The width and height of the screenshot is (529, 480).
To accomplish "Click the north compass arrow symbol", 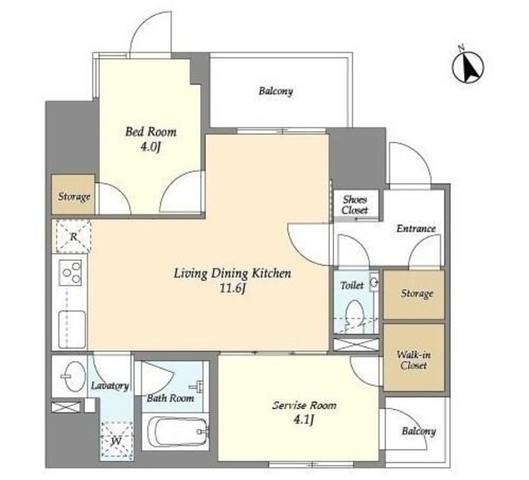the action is click(468, 66).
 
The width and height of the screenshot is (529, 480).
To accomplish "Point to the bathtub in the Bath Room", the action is click(178, 431).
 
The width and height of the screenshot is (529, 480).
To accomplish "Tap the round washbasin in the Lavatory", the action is click(73, 377).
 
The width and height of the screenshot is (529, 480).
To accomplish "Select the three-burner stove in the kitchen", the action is click(70, 273).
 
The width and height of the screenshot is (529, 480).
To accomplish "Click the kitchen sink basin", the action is click(72, 329).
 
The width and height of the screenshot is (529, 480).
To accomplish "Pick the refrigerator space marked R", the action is click(74, 236).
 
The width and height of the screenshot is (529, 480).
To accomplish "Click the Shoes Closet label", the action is click(355, 205).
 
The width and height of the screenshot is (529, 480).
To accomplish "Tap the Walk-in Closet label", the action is click(413, 360).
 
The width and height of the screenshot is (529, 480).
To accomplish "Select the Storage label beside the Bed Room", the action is click(74, 197).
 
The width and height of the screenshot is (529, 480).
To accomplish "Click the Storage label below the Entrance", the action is click(417, 293).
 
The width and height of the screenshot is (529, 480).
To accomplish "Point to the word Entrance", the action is click(416, 229).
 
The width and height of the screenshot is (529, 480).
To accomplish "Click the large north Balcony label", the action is click(275, 91).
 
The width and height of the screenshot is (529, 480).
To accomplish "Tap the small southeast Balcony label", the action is click(419, 431).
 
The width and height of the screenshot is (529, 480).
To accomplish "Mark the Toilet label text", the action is click(352, 286).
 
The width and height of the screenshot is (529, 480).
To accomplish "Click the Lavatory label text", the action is click(110, 386).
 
